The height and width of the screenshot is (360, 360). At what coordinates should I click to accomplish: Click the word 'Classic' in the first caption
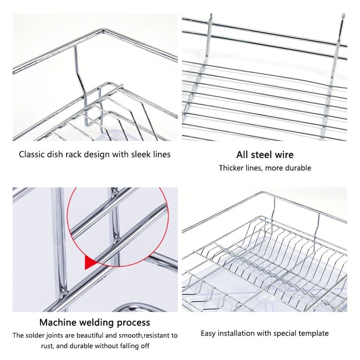(x=31, y=154)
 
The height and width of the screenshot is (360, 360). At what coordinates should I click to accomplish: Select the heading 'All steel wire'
(x=265, y=155)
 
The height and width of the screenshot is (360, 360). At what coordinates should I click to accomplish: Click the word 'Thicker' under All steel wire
(x=231, y=168)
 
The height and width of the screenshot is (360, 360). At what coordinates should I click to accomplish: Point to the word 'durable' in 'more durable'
(x=298, y=168)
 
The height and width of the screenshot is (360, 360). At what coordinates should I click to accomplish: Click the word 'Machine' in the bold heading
(x=58, y=322)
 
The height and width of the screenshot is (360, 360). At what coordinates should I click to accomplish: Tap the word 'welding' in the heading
(x=97, y=323)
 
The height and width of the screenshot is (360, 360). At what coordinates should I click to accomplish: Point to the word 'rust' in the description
(x=47, y=346)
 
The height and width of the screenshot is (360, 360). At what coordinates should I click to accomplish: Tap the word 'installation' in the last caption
(x=236, y=333)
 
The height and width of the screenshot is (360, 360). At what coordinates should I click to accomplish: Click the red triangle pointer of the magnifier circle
(x=91, y=262)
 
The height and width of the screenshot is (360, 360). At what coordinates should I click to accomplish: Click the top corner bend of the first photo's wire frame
(x=103, y=30)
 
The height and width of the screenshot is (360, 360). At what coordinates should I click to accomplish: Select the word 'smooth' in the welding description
(x=131, y=335)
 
